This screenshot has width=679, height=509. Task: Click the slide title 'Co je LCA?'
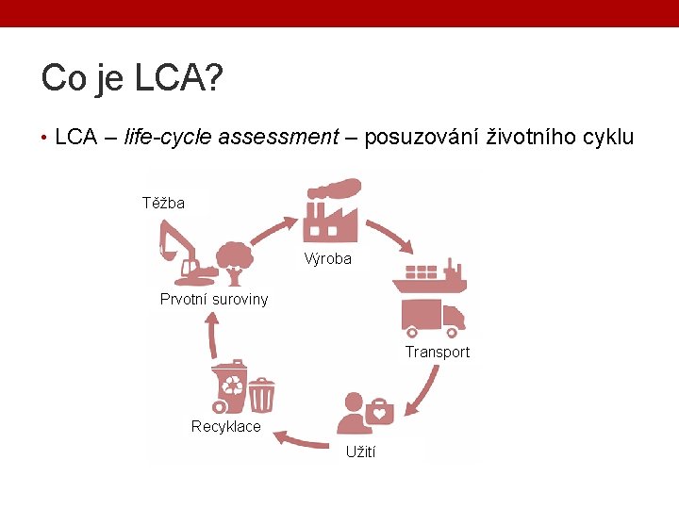[132, 78]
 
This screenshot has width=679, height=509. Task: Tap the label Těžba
[163, 203]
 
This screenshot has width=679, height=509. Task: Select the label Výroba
[327, 259]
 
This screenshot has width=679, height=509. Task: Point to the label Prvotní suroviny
[214, 300]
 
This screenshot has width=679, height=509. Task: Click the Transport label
[437, 352]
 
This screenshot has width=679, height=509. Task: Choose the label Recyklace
[225, 427]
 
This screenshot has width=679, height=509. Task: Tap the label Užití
[360, 452]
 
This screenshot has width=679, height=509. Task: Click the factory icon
[330, 212]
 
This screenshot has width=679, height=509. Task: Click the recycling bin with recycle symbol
[230, 387]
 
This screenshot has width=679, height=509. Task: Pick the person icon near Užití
[352, 415]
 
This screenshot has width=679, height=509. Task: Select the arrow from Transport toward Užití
[425, 390]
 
